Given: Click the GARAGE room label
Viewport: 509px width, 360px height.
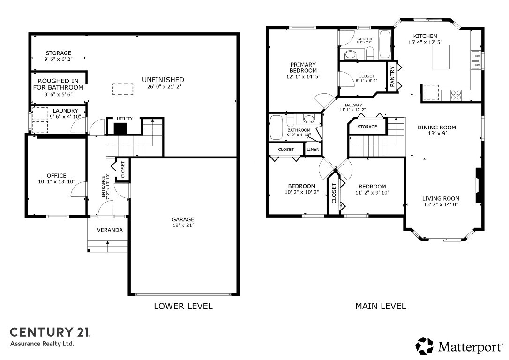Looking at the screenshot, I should pos(183,219).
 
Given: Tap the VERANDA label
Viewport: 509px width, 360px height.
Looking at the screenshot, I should pos(110,230).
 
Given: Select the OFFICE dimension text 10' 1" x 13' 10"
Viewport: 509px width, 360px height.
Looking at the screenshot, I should pos(56,182).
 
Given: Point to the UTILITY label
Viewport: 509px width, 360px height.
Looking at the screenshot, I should pos(125,119).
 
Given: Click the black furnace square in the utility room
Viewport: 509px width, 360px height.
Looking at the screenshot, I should pos(120,129).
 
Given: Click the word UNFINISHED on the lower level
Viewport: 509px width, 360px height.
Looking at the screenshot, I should pos(163,80).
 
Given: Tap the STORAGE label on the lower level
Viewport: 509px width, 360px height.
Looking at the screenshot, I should pos(58,53).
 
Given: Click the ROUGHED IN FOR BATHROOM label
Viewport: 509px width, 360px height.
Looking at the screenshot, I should pos(58,84).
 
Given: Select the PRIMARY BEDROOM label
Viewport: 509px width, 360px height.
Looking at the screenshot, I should pos(303,67).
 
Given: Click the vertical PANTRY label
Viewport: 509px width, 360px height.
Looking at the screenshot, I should pos(392,76).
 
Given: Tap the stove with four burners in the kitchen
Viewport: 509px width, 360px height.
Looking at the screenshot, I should pos(456,95).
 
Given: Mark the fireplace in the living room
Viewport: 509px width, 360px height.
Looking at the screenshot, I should pos(479,186).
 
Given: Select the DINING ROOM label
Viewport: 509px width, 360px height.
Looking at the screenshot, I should pos(436,127).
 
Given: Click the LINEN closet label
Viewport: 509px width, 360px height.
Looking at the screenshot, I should pos(313,150).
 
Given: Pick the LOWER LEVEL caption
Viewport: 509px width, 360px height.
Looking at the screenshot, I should pos(183,306).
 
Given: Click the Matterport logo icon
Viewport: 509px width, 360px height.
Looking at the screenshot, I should pos(425,346).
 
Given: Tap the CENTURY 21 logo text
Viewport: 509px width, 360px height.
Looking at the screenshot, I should pos(50,332).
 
